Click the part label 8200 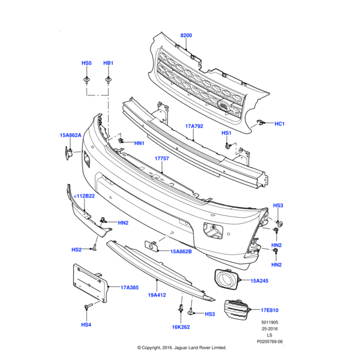187,36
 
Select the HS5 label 86,63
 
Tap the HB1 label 108,63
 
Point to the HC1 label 280,124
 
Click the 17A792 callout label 195,127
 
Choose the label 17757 161,159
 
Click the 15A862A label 71,136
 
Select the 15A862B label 181,252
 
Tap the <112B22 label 84,196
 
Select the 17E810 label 271,310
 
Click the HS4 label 86,325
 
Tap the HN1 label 139,143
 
